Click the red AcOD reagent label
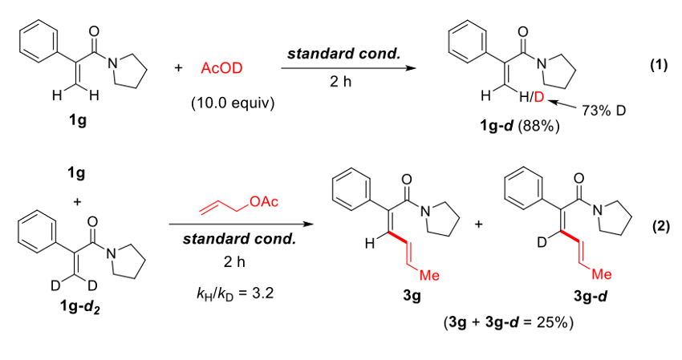[x=220, y=70]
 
